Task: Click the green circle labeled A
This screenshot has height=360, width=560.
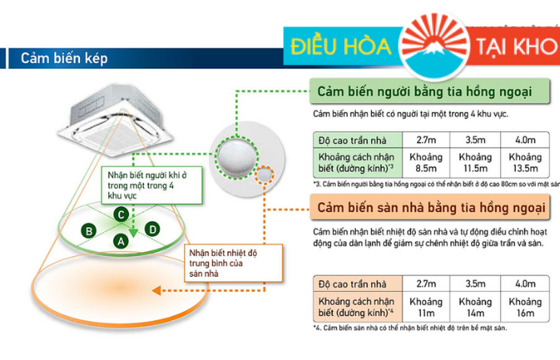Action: click(121, 240)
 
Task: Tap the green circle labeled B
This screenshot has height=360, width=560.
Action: click(90, 231)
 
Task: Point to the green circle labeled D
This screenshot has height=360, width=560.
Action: click(151, 230)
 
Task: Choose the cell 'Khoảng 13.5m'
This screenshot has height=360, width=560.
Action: click(526, 162)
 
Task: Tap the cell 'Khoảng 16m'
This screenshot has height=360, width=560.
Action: click(526, 307)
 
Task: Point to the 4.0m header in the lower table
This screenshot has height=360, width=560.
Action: click(526, 283)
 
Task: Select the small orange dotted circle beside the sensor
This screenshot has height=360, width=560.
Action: click(266, 174)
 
